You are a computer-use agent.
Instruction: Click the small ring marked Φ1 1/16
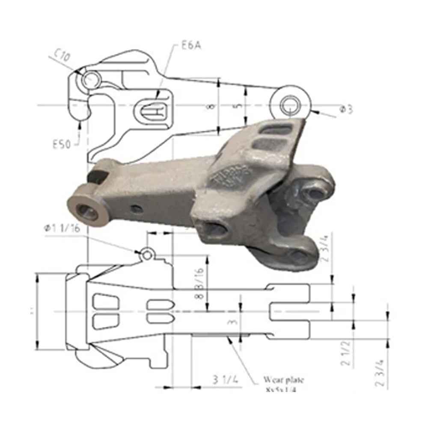[147, 255]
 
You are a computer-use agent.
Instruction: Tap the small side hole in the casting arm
[137, 208]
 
